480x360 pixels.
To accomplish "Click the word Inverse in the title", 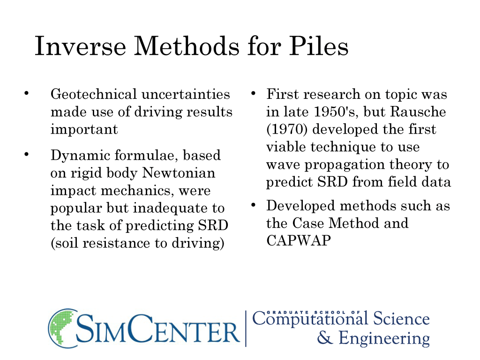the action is [81, 46].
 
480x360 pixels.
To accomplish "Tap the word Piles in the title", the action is [319, 46].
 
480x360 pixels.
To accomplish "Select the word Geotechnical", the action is [94, 94].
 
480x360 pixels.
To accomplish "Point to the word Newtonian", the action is [179, 173].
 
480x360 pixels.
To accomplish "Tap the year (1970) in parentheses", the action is [287, 129].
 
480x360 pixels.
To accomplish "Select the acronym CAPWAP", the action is [299, 240].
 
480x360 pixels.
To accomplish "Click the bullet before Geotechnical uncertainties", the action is [27, 93].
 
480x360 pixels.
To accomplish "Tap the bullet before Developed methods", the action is [253, 204].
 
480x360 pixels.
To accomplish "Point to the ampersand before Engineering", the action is [325, 337].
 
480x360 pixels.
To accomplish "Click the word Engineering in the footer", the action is [384, 339].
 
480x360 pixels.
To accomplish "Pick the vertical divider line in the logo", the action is [246, 329].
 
